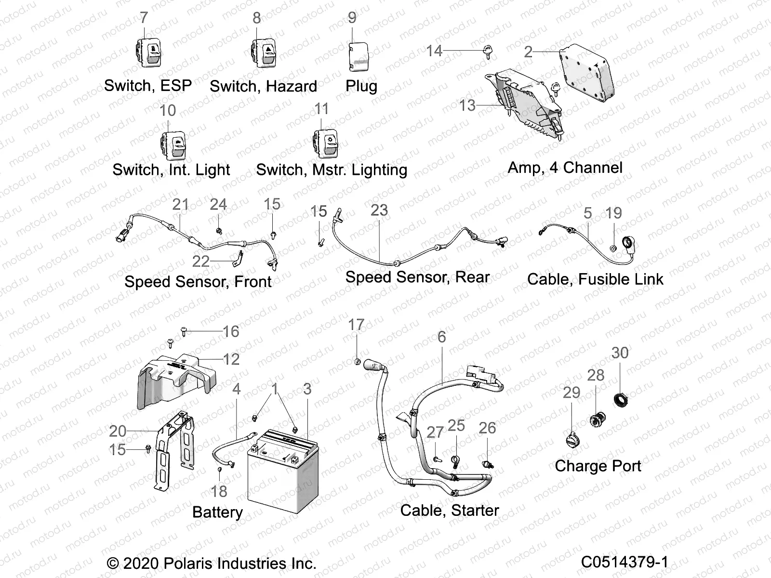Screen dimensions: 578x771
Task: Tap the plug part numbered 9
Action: point(358,55)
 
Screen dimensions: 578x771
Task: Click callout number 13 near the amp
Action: point(467,105)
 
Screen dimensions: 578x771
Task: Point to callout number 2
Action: point(528,52)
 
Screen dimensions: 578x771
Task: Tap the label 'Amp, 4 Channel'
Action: point(565,168)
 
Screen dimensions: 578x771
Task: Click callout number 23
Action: point(379,210)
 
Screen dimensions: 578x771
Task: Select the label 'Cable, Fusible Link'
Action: point(595,279)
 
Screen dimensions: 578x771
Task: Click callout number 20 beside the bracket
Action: point(118,431)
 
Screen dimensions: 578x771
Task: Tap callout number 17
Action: point(356,325)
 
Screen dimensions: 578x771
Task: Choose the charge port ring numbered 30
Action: point(621,399)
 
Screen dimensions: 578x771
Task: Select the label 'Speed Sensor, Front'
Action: point(198,282)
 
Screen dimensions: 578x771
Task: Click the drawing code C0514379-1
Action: point(625,562)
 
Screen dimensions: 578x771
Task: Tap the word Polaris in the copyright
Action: point(188,563)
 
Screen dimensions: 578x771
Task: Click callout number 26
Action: point(487,428)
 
